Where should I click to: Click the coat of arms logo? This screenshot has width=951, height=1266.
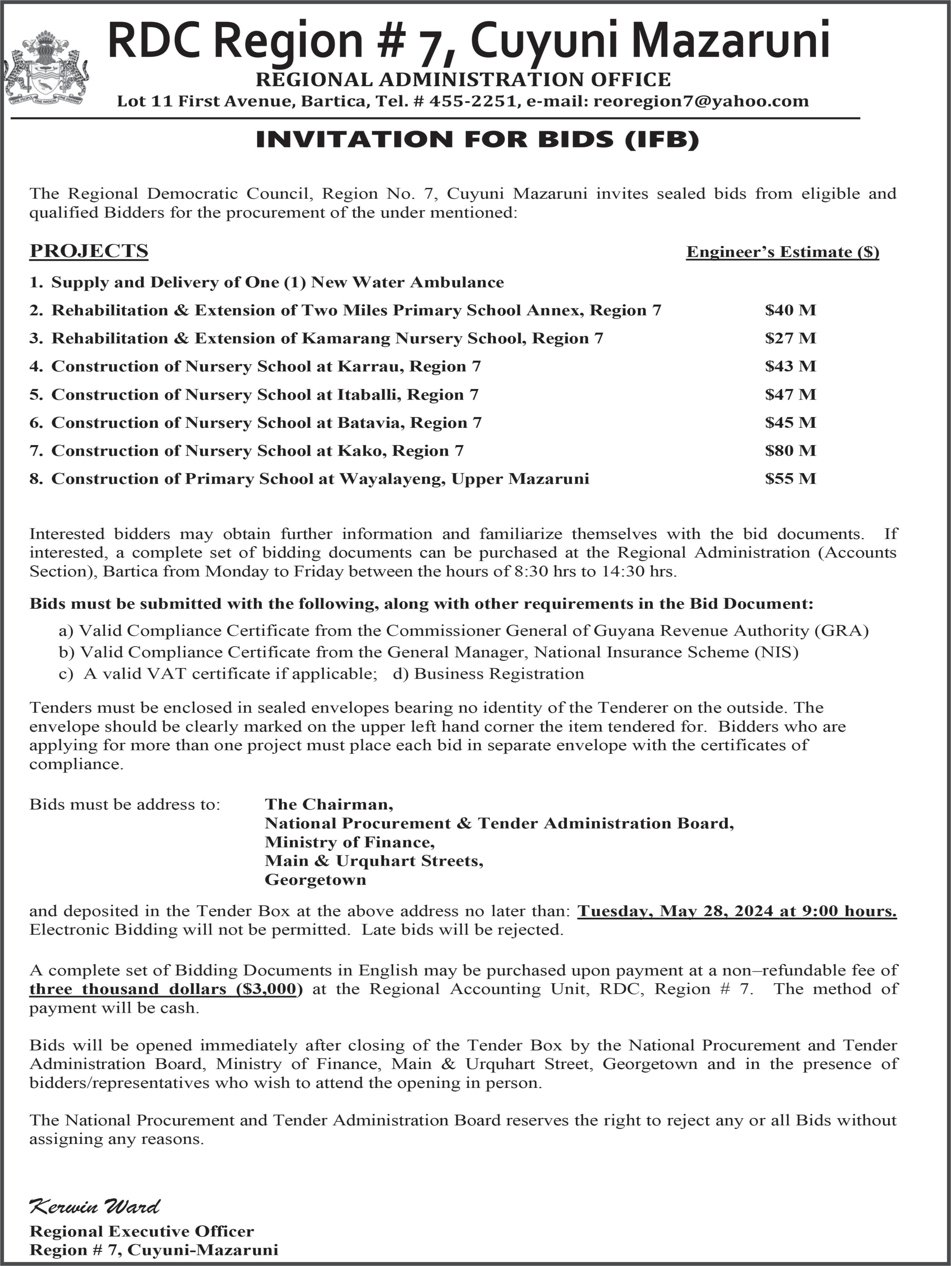pyautogui.click(x=46, y=68)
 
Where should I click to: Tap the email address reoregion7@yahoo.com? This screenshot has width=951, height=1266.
pyautogui.click(x=701, y=101)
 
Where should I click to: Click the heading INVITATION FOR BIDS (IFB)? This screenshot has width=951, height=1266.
pyautogui.click(x=477, y=140)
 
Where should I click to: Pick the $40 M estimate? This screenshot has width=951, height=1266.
pyautogui.click(x=790, y=310)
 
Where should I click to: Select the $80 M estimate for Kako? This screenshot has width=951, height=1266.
pyautogui.click(x=790, y=450)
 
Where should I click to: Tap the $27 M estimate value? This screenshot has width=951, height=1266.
pyautogui.click(x=790, y=338)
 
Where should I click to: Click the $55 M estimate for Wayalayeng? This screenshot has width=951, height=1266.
pyautogui.click(x=790, y=479)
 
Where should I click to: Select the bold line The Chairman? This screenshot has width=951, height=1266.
pyautogui.click(x=329, y=804)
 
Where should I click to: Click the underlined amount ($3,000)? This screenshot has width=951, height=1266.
pyautogui.click(x=269, y=989)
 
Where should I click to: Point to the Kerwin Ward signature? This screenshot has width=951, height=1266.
pyautogui.click(x=94, y=1206)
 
